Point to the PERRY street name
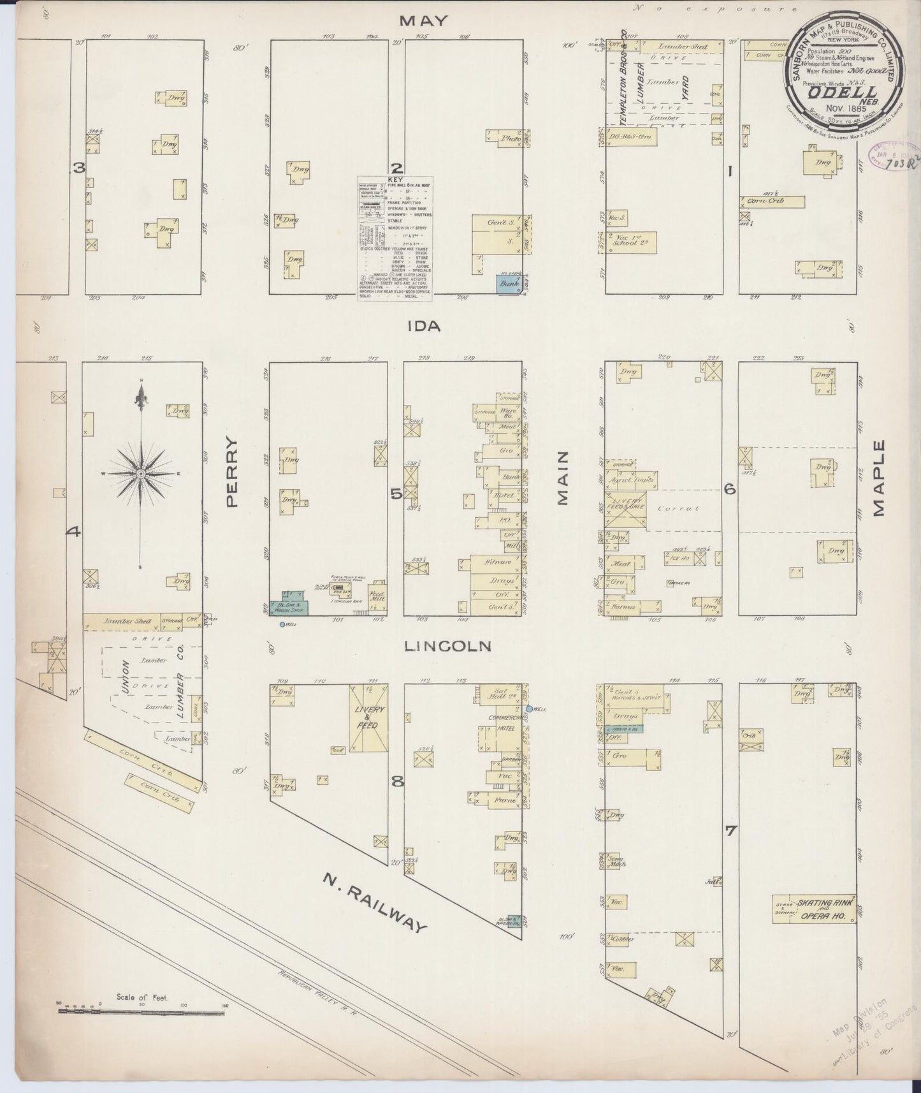click(x=231, y=472)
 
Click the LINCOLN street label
click(x=449, y=646)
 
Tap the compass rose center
click(x=140, y=474)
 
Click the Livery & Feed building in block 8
click(x=368, y=717)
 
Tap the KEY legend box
click(x=395, y=237)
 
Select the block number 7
click(x=730, y=831)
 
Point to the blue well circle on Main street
click(x=529, y=708)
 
